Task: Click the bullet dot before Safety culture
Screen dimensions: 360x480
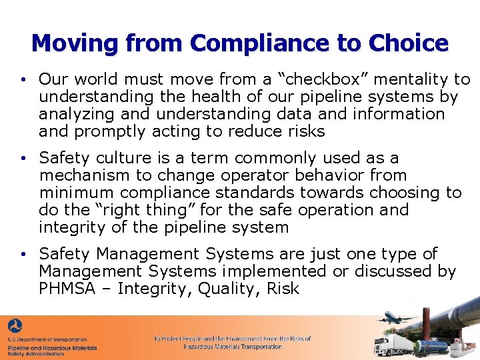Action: click(23, 159)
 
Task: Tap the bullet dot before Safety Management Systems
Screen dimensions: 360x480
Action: click(23, 255)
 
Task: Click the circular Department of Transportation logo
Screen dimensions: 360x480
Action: click(15, 327)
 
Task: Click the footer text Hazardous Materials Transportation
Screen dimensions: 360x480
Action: click(233, 347)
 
